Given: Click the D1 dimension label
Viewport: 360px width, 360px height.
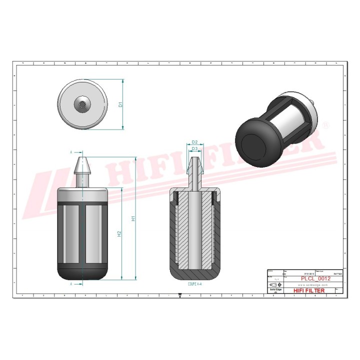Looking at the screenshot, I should tap(120, 104).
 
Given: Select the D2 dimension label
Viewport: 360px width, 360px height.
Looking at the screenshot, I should tap(195, 142).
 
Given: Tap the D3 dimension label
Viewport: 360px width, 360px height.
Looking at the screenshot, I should tap(195, 149).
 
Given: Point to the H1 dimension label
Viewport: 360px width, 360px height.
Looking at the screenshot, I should tap(133, 218).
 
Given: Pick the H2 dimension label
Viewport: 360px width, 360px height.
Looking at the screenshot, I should tap(119, 234).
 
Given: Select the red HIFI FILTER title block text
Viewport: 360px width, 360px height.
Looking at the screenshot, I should tap(308, 290).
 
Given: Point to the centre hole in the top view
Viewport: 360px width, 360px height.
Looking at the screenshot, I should tap(81, 104).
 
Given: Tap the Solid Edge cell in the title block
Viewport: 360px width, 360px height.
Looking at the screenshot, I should tap(275, 291).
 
